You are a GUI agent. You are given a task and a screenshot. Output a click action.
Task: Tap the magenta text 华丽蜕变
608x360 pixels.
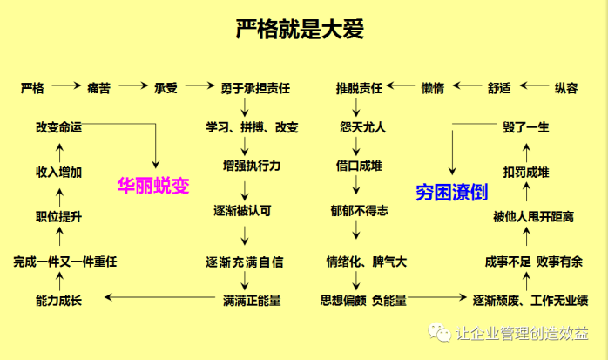(153, 185)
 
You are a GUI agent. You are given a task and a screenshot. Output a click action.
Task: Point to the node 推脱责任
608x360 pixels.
(359, 88)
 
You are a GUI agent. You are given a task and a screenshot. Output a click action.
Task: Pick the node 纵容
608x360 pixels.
(566, 88)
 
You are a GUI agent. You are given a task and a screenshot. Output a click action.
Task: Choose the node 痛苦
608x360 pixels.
(98, 88)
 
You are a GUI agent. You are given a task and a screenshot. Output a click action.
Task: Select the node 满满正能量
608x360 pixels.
(252, 300)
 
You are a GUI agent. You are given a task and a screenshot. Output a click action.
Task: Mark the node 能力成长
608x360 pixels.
(58, 300)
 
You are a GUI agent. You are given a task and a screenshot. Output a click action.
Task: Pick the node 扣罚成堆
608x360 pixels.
(525, 172)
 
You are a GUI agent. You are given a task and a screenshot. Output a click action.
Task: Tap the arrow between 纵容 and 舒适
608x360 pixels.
(533, 87)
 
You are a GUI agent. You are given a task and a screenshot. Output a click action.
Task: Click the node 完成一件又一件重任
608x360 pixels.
(64, 261)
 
